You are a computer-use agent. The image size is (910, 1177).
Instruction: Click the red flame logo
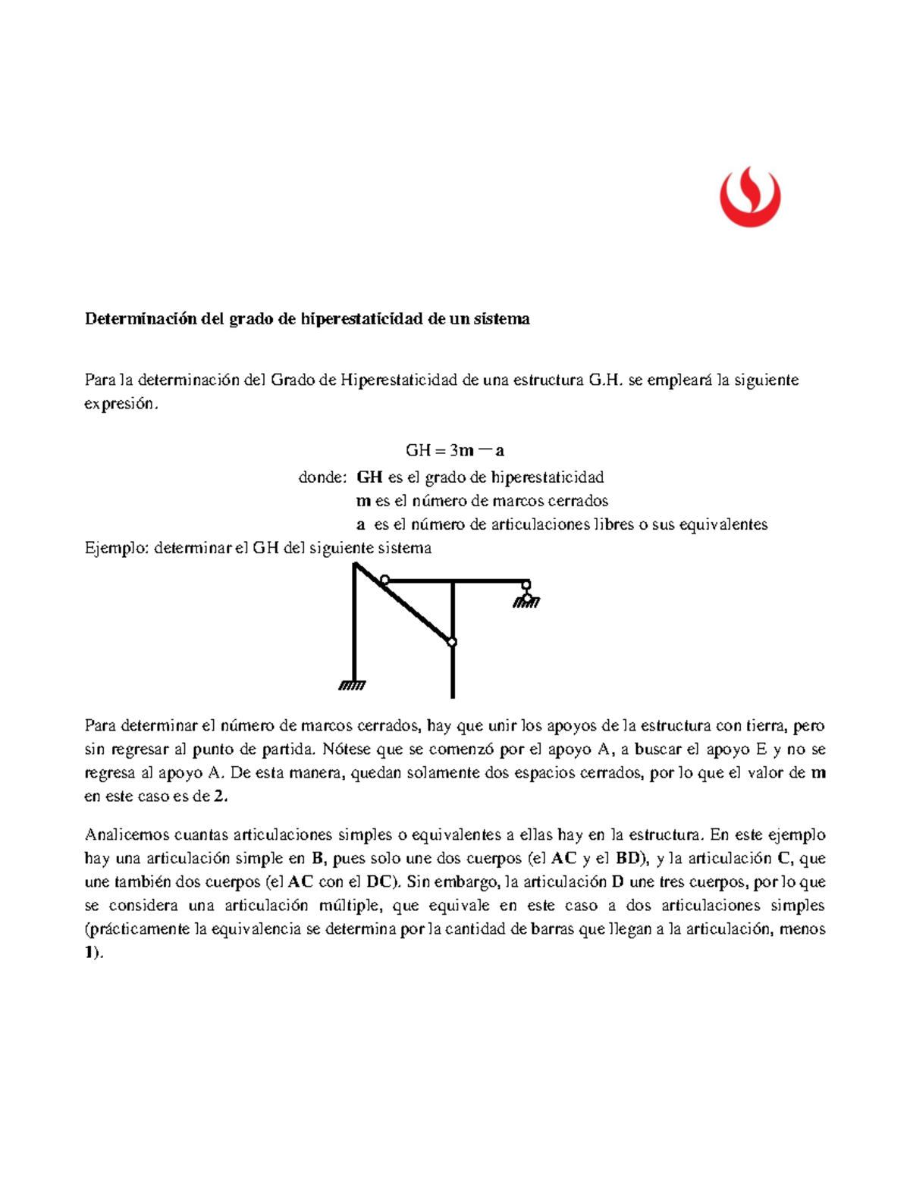pyautogui.click(x=749, y=197)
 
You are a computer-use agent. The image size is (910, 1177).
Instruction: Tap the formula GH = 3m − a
pyautogui.click(x=455, y=450)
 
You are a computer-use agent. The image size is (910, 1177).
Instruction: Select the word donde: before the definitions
pyautogui.click(x=322, y=477)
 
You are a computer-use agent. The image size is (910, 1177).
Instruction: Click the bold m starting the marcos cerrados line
pyautogui.click(x=362, y=501)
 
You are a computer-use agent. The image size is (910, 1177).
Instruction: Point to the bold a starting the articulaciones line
pyautogui.click(x=361, y=524)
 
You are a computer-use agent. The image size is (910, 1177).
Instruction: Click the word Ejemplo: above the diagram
pyautogui.click(x=116, y=548)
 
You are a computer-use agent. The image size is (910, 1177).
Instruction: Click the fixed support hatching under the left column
pyautogui.click(x=352, y=685)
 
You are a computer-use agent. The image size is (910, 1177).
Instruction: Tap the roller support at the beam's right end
pyautogui.click(x=526, y=595)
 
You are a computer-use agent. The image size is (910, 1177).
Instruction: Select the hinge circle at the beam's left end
pyautogui.click(x=384, y=581)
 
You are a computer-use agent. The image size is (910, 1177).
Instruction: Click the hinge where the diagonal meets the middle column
pyautogui.click(x=452, y=643)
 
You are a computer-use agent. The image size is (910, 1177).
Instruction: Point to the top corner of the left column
pyautogui.click(x=355, y=565)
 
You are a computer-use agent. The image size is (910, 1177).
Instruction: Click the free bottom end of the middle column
pyautogui.click(x=453, y=695)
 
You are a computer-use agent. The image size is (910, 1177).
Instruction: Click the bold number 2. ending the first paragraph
pyautogui.click(x=220, y=797)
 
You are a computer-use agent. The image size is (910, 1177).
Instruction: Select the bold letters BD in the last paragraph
pyautogui.click(x=628, y=859)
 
